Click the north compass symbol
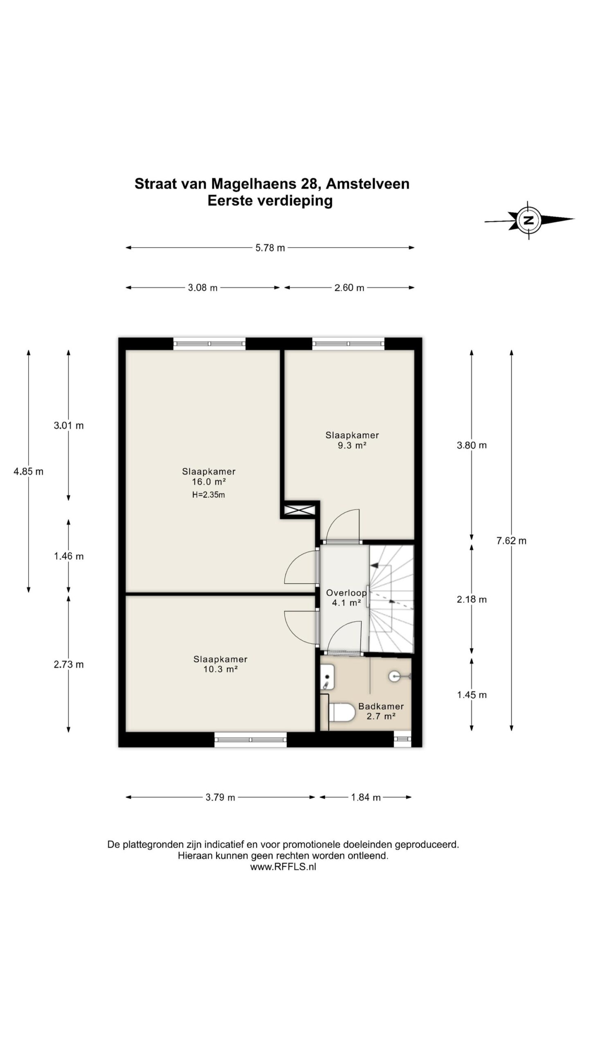click(529, 220)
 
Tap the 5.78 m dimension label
click(270, 248)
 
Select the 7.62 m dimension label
click(511, 541)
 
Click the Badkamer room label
click(381, 706)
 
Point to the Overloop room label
click(346, 593)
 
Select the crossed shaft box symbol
click(299, 510)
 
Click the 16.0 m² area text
click(209, 482)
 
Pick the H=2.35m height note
click(209, 495)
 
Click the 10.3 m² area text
click(220, 669)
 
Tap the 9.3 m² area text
click(352, 445)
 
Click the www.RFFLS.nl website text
click(283, 867)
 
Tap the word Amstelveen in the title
click(368, 184)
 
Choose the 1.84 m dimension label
click(366, 797)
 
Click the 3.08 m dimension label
click(202, 288)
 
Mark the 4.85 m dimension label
click(28, 472)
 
